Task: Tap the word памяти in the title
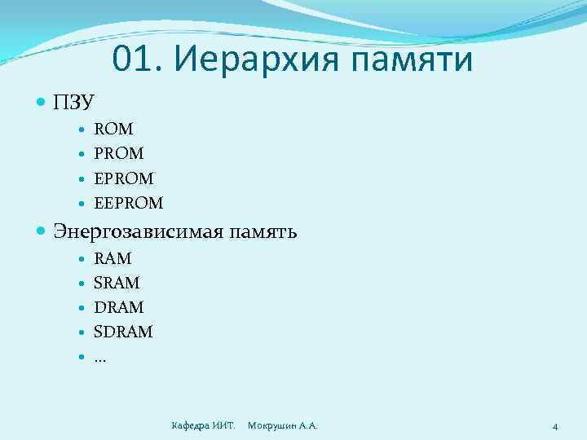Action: [x=412, y=60]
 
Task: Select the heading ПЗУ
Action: [x=74, y=103]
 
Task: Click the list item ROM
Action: [x=114, y=129]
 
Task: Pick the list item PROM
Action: [x=119, y=153]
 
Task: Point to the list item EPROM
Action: [x=124, y=178]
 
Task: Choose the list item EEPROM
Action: [x=129, y=202]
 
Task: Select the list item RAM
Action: [x=113, y=258]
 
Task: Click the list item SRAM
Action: [x=117, y=283]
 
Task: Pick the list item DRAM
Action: [x=119, y=307]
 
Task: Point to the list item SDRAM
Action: [x=123, y=332]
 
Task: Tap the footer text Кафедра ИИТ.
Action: [x=204, y=425]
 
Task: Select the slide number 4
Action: [x=554, y=426]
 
